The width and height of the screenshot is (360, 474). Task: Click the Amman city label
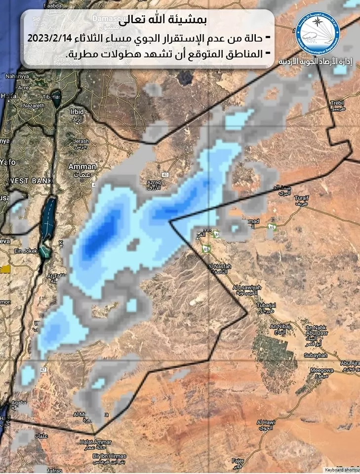coord(82,167)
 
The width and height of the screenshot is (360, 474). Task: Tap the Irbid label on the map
coord(77,112)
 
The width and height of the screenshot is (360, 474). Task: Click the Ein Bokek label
coord(23,251)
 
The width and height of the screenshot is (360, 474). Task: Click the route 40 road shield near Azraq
coord(164,175)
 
